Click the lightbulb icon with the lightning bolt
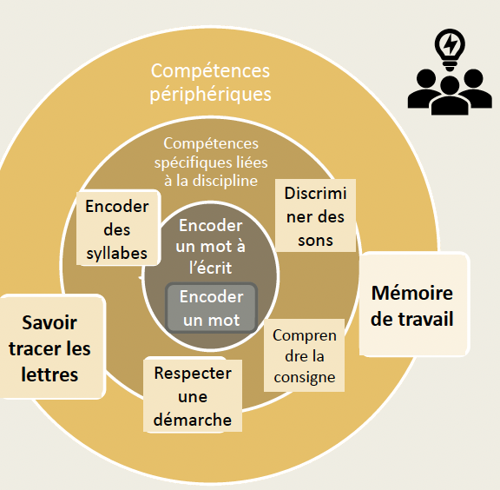[x=450, y=50]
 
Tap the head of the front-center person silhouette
[x=450, y=86]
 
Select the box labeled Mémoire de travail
[x=415, y=304]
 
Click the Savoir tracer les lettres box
[x=51, y=347]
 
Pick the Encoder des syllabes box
[x=118, y=228]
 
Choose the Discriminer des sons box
[x=315, y=215]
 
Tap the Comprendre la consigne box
[x=304, y=355]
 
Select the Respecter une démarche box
[x=193, y=395]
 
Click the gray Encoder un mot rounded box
[x=212, y=308]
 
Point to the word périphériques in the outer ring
[x=210, y=95]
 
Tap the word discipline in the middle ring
[x=225, y=181]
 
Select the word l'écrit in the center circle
[x=210, y=268]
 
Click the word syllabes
[x=117, y=254]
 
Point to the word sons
[x=315, y=241]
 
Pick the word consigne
[x=305, y=378]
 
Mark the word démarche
[x=193, y=420]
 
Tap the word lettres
[x=49, y=374]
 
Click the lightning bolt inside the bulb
[x=450, y=44]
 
